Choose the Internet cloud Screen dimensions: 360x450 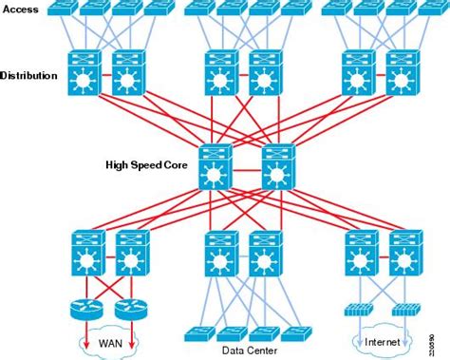coord(382,339)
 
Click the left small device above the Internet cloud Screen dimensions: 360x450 coord(357,310)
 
